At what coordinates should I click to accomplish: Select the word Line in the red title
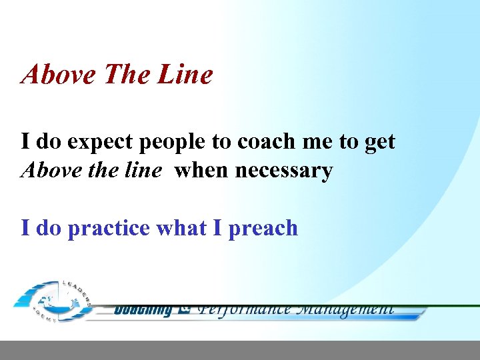(185, 75)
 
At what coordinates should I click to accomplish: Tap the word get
(380, 143)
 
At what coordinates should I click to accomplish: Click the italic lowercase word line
(141, 171)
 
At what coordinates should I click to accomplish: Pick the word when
(201, 171)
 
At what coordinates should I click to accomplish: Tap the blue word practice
(109, 229)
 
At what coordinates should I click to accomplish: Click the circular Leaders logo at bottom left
(53, 300)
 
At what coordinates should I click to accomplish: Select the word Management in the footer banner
(345, 309)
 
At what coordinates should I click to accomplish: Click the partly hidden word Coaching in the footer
(143, 310)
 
